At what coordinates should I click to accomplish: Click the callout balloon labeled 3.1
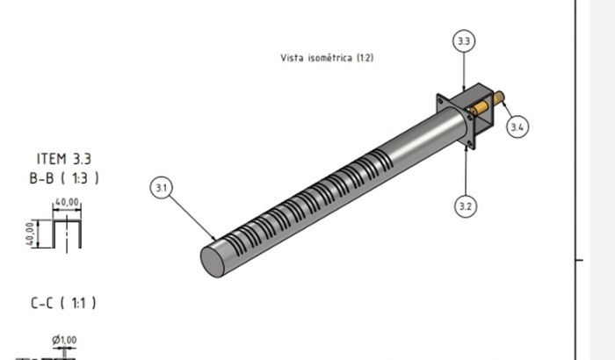point(161,187)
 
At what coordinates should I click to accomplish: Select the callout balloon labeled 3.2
point(466,205)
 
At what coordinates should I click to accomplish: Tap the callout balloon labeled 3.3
point(464,40)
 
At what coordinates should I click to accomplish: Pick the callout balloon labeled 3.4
point(517,126)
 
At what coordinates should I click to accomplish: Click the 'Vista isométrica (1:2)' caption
point(327,58)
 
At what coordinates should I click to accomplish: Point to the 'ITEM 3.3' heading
point(64,159)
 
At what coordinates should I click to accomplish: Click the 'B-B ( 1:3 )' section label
point(64,178)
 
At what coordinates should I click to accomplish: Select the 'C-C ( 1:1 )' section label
point(63,303)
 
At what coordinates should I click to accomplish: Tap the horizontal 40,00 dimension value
point(67,202)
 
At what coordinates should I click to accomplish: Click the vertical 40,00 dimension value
point(30,234)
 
